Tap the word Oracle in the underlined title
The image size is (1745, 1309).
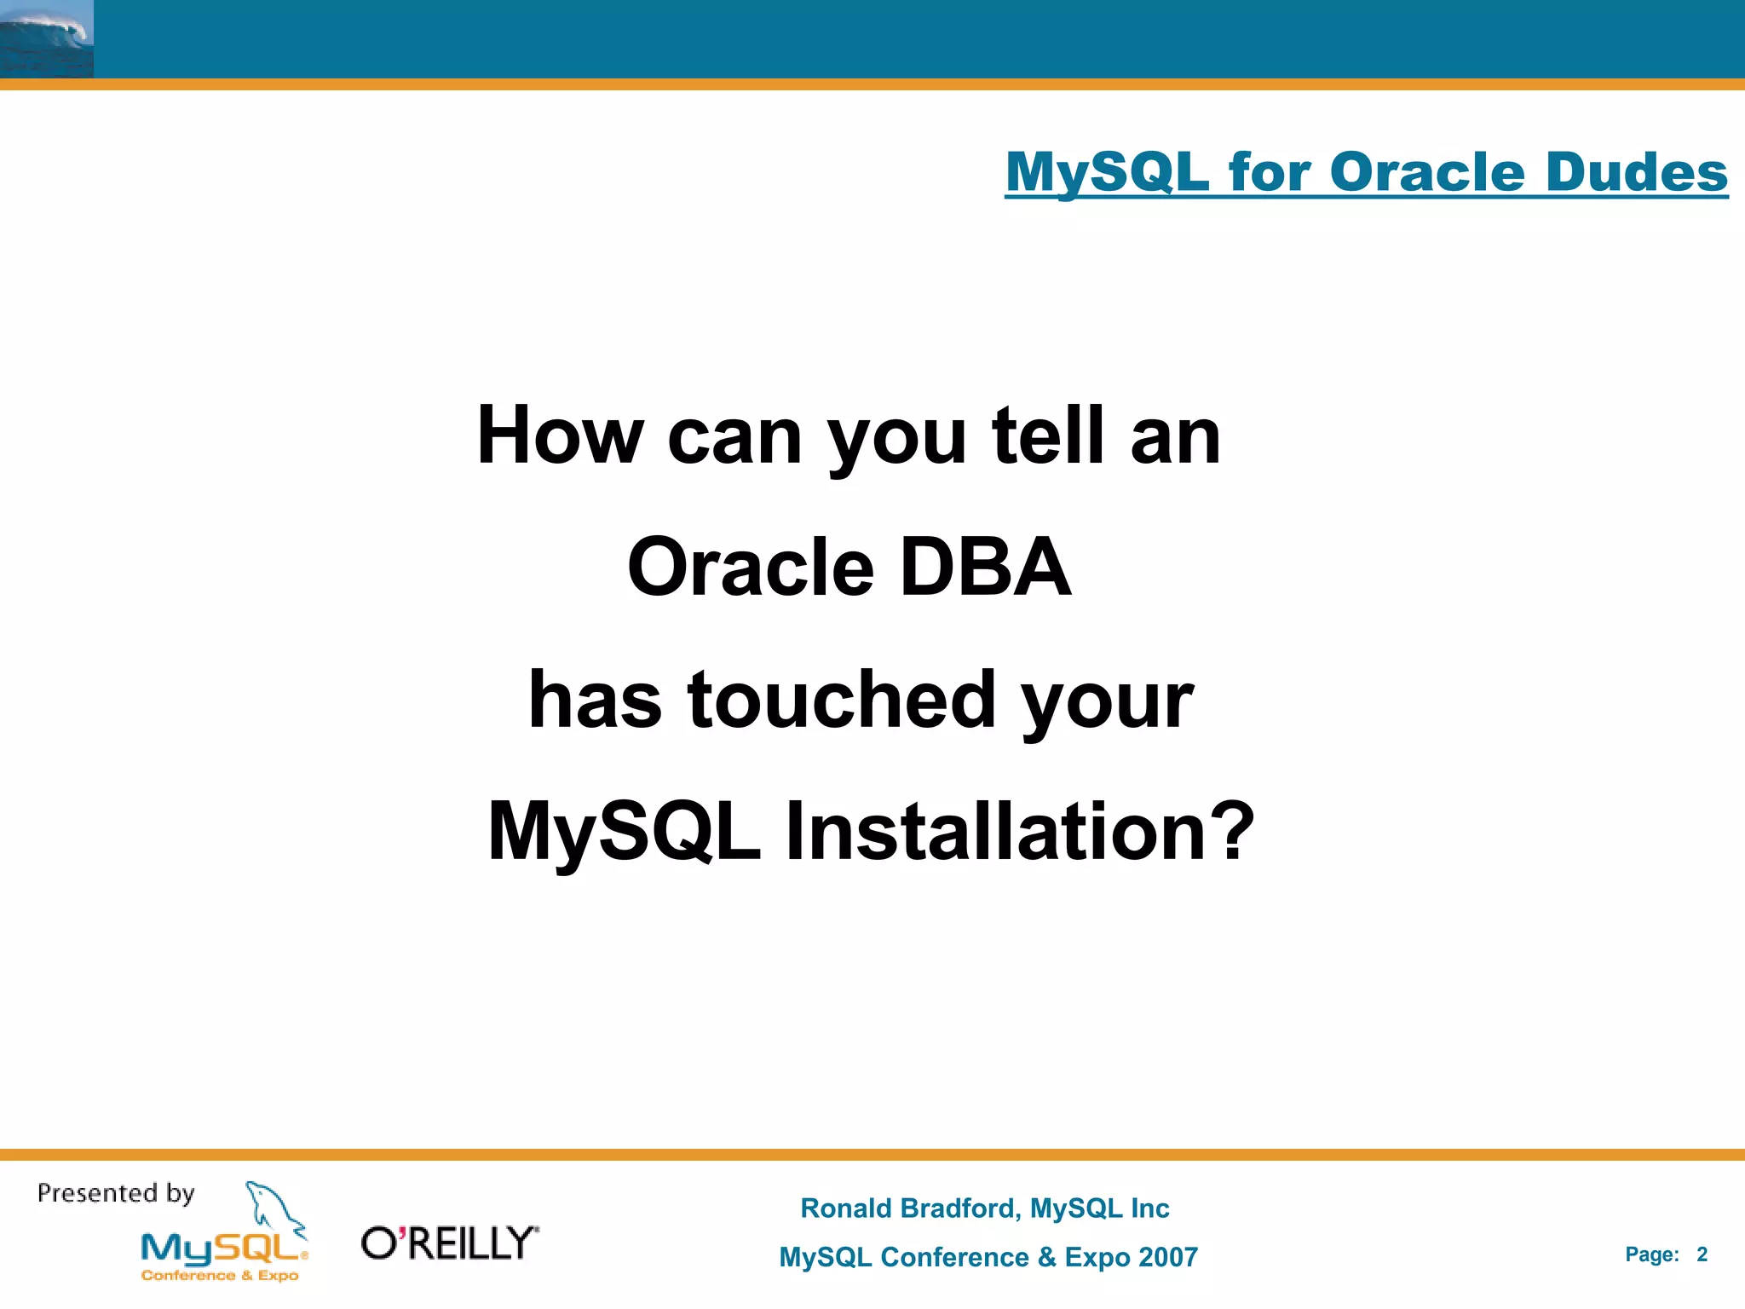coord(1426,172)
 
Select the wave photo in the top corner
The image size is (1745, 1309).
coord(46,39)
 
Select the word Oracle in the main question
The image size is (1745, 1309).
coord(751,567)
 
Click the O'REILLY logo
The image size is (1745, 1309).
coord(450,1243)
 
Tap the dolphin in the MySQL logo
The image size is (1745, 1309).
coord(273,1206)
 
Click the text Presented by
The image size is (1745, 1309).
coord(116,1193)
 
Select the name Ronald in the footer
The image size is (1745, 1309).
coord(845,1208)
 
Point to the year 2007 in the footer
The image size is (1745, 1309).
coord(1167,1257)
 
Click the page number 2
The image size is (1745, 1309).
coord(1702,1254)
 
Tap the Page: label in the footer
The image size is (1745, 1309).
coord(1651,1254)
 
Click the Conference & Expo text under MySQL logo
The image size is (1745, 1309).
coord(220,1276)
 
